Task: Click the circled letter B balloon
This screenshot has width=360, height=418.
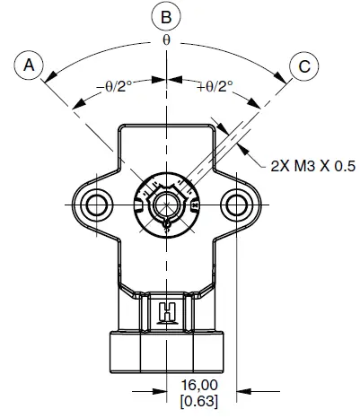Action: tap(166, 17)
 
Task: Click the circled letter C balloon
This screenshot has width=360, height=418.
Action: tap(302, 65)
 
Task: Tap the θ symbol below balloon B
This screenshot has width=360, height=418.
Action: tap(166, 42)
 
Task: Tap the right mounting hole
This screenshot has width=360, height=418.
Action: tap(238, 205)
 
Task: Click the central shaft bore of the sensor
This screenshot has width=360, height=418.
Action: tap(166, 204)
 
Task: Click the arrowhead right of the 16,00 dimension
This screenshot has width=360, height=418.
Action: tap(245, 390)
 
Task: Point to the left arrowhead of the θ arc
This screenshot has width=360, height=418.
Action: tap(50, 75)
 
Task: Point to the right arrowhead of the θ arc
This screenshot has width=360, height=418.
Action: tap(283, 75)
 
